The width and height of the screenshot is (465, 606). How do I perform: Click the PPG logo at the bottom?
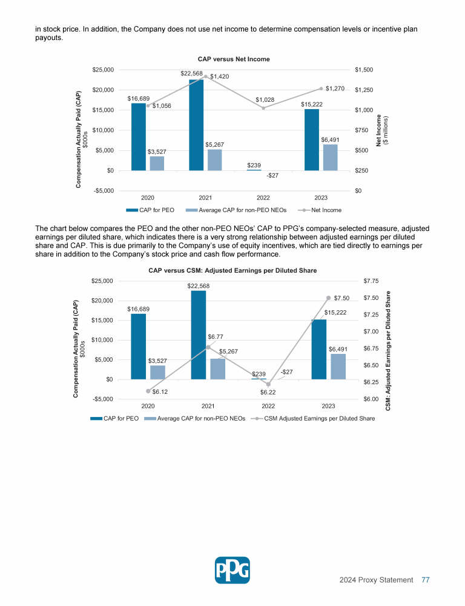coord(232,570)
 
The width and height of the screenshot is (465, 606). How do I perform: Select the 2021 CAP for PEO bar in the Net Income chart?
coord(196,124)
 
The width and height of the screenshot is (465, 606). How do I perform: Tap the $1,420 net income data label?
coord(219,76)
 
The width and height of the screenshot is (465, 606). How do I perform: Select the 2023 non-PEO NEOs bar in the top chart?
coord(330,157)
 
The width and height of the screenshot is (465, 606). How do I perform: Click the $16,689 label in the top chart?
coord(139,97)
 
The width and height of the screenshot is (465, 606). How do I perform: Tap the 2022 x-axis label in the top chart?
coord(263,197)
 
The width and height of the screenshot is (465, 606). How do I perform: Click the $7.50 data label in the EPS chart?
coord(342,298)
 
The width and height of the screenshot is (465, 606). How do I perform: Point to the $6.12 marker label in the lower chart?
coord(160,392)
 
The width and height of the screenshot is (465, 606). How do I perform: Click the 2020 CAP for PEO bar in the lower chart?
coord(139,346)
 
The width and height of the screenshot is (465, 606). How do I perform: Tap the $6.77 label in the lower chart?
coord(217,336)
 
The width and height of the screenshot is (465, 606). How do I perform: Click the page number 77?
coord(426,580)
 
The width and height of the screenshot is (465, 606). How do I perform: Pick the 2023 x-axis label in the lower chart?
coord(328,405)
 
